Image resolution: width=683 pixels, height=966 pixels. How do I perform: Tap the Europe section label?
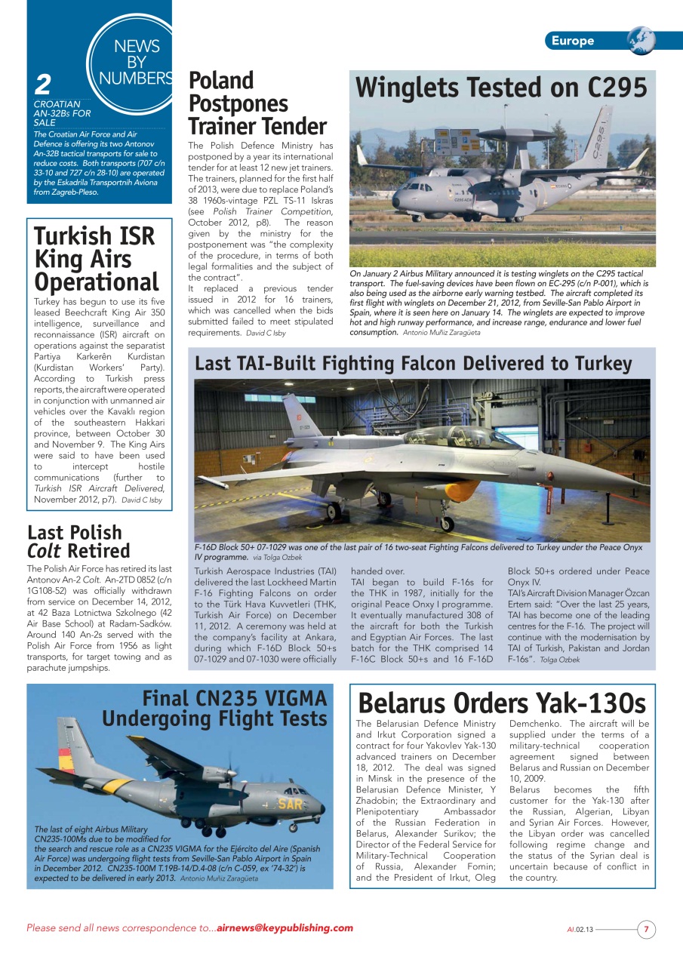(x=572, y=41)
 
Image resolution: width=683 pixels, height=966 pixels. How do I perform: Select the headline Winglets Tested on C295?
(x=501, y=88)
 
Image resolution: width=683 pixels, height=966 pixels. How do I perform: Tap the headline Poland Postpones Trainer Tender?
(x=257, y=103)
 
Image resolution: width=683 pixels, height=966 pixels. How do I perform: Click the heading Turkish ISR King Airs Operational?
(x=96, y=259)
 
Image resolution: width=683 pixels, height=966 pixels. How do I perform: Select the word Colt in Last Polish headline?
(x=44, y=551)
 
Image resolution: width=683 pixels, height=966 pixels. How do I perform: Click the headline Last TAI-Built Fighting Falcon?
(x=413, y=364)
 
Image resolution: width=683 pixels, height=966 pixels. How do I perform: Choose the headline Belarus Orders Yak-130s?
(x=502, y=703)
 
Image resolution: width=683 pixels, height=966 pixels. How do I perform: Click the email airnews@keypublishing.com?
(x=285, y=928)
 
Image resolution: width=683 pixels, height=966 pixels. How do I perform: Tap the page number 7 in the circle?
(x=646, y=929)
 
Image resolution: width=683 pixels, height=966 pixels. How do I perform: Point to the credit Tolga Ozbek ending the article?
(x=560, y=660)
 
